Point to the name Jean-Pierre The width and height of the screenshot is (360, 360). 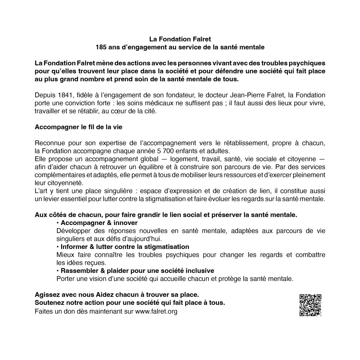coord(247,95)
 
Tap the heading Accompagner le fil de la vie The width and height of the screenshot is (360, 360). coord(78,127)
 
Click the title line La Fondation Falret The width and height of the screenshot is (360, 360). coord(180,38)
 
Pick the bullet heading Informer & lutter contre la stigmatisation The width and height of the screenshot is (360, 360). coord(125,247)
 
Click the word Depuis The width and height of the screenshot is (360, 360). coord(44,95)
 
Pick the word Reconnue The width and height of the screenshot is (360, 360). coord(49,143)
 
